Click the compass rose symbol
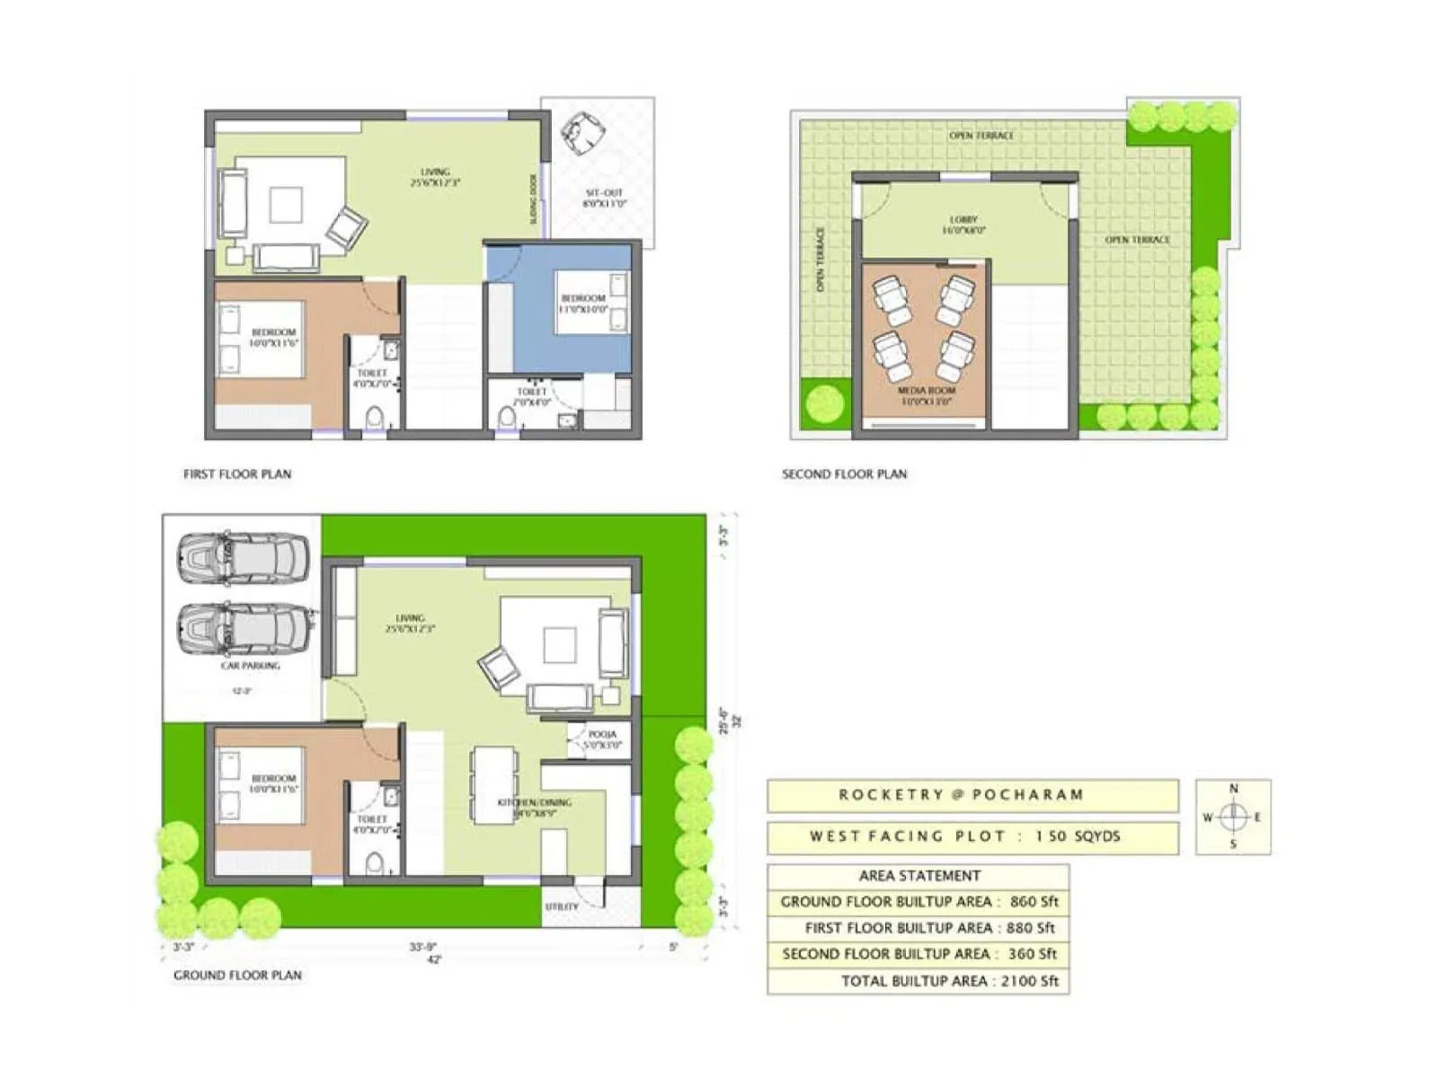(1233, 817)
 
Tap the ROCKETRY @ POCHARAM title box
(972, 795)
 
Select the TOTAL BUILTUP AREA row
(919, 981)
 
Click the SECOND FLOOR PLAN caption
(844, 473)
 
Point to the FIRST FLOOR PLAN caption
(237, 473)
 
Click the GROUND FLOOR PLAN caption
(237, 975)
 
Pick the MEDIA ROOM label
(926, 395)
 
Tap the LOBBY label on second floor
(963, 225)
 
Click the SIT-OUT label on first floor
(604, 198)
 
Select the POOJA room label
(602, 739)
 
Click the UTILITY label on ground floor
(562, 906)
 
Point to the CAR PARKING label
(250, 666)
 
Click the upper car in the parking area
(243, 557)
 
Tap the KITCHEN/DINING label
(535, 807)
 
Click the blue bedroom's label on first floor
(583, 303)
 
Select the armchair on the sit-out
(582, 131)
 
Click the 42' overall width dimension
(434, 959)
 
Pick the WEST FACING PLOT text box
(972, 836)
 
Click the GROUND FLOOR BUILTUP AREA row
(919, 901)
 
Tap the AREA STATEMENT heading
(919, 876)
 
